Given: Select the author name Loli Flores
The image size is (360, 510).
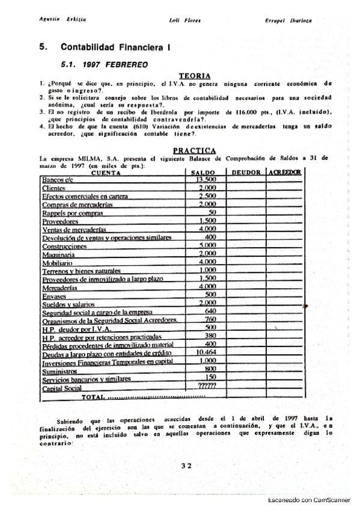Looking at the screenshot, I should coord(185,20).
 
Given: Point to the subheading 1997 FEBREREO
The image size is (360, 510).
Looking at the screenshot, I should coord(111,63).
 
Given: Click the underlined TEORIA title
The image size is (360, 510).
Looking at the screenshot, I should coord(195,76).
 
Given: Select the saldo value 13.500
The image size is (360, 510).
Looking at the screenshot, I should coord(206,179).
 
